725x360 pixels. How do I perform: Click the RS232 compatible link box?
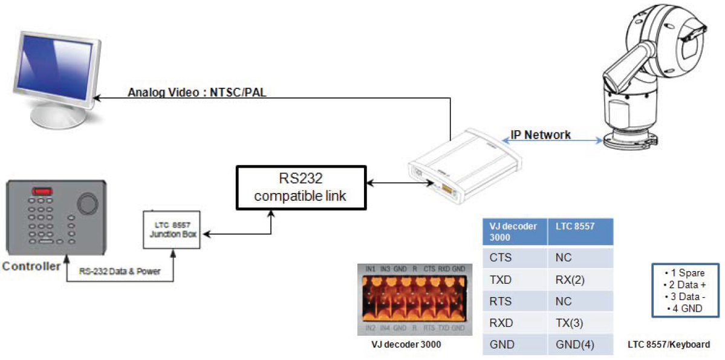pyautogui.click(x=301, y=188)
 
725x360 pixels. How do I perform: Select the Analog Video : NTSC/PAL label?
pyautogui.click(x=198, y=94)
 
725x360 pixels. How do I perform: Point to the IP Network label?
pyautogui.click(x=541, y=135)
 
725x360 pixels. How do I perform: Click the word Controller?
pyautogui.click(x=31, y=267)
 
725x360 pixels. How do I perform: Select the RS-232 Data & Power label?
pyautogui.click(x=120, y=271)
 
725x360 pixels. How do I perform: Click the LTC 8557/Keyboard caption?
pyautogui.click(x=669, y=345)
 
